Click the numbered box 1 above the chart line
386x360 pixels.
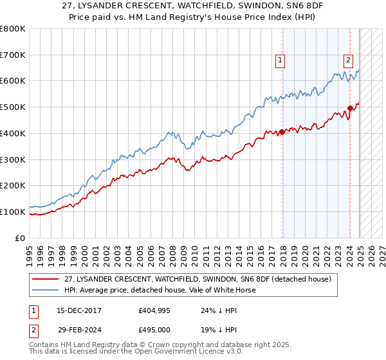(280, 61)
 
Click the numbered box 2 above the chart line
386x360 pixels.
(348, 61)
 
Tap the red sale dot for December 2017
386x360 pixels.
(282, 132)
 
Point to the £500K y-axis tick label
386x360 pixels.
(12, 107)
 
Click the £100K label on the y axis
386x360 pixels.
(12, 212)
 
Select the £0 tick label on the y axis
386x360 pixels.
(21, 238)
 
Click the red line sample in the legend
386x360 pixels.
(45, 279)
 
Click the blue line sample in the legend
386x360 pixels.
(45, 290)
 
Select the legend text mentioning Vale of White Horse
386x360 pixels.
(160, 290)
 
